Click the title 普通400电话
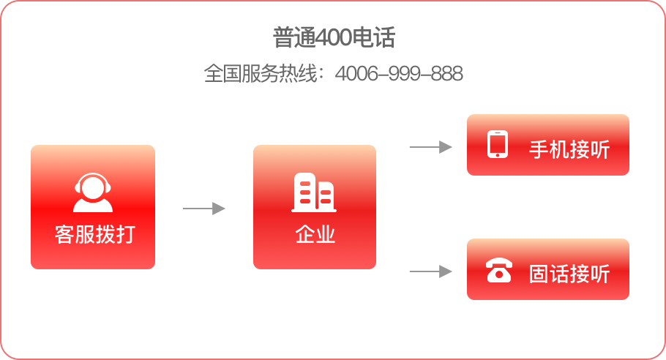(x=333, y=38)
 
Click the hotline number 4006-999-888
(x=399, y=75)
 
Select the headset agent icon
(x=93, y=192)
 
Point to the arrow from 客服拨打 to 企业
(x=203, y=209)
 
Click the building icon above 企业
(x=314, y=192)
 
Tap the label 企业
(x=315, y=235)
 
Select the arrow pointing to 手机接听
(x=430, y=147)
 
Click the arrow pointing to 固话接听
(x=430, y=271)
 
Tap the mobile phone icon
(x=498, y=145)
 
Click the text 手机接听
(x=569, y=150)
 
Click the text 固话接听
(x=569, y=274)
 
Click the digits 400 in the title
(x=334, y=38)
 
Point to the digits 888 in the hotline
(x=446, y=75)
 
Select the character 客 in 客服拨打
(x=64, y=235)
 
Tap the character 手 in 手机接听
(x=539, y=150)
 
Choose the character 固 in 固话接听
(x=539, y=274)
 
